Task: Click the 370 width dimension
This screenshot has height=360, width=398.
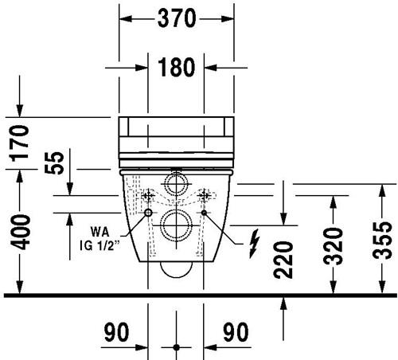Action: click(177, 18)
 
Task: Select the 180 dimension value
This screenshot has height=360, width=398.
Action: click(177, 68)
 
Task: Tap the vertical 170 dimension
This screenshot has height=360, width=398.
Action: click(19, 143)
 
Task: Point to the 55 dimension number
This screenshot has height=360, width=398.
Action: click(54, 162)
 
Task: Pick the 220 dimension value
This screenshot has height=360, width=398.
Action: click(283, 260)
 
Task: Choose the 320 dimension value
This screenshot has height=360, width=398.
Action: click(334, 246)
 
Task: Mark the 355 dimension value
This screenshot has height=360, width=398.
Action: click(382, 241)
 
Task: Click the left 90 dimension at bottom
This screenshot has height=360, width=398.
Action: click(116, 332)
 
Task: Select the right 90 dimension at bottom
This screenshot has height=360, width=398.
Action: click(236, 332)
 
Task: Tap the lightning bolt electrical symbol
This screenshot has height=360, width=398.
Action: click(254, 244)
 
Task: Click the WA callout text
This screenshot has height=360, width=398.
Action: click(99, 232)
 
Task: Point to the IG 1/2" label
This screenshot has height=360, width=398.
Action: click(99, 245)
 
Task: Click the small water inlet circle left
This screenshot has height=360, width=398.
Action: click(148, 213)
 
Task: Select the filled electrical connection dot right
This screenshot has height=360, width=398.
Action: click(204, 213)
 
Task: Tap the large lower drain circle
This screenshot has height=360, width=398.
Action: click(177, 225)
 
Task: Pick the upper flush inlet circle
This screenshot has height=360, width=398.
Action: click(176, 184)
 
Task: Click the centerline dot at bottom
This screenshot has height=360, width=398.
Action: click(177, 347)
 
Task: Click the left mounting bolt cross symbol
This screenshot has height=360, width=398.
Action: click(148, 196)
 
